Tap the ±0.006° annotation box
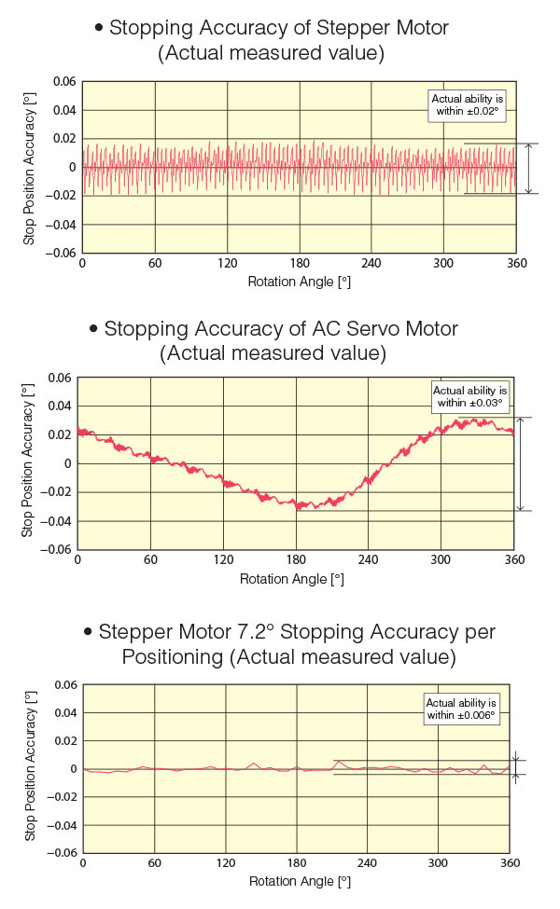(461, 709)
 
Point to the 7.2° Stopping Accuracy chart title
(288, 644)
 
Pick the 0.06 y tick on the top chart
(63, 82)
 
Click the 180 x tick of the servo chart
(295, 560)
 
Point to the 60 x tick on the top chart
(154, 264)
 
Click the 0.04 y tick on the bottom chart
(63, 713)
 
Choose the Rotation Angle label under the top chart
(299, 281)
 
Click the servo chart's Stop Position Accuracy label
(28, 462)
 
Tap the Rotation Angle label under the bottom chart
(299, 881)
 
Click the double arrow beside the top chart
(529, 169)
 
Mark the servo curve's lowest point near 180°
(299, 508)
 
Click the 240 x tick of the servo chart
(368, 560)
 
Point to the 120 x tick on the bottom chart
(226, 865)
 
